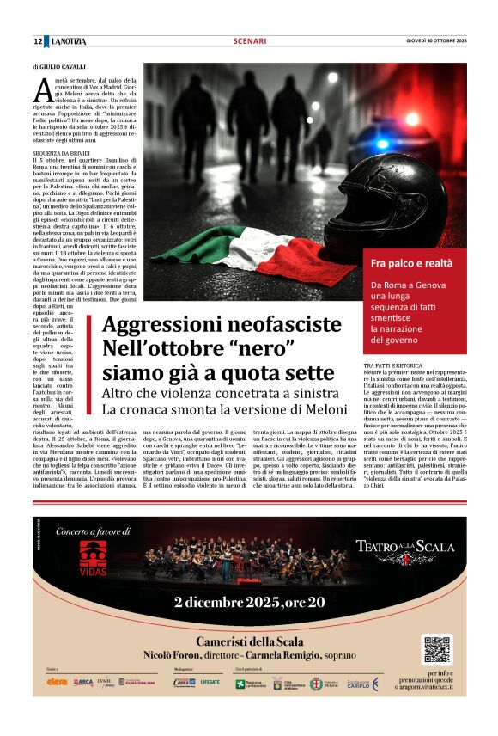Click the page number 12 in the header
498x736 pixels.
[x=38, y=41]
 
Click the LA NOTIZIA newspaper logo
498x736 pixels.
[x=69, y=41]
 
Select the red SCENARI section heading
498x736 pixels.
[x=249, y=41]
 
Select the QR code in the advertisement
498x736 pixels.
[x=436, y=649]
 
